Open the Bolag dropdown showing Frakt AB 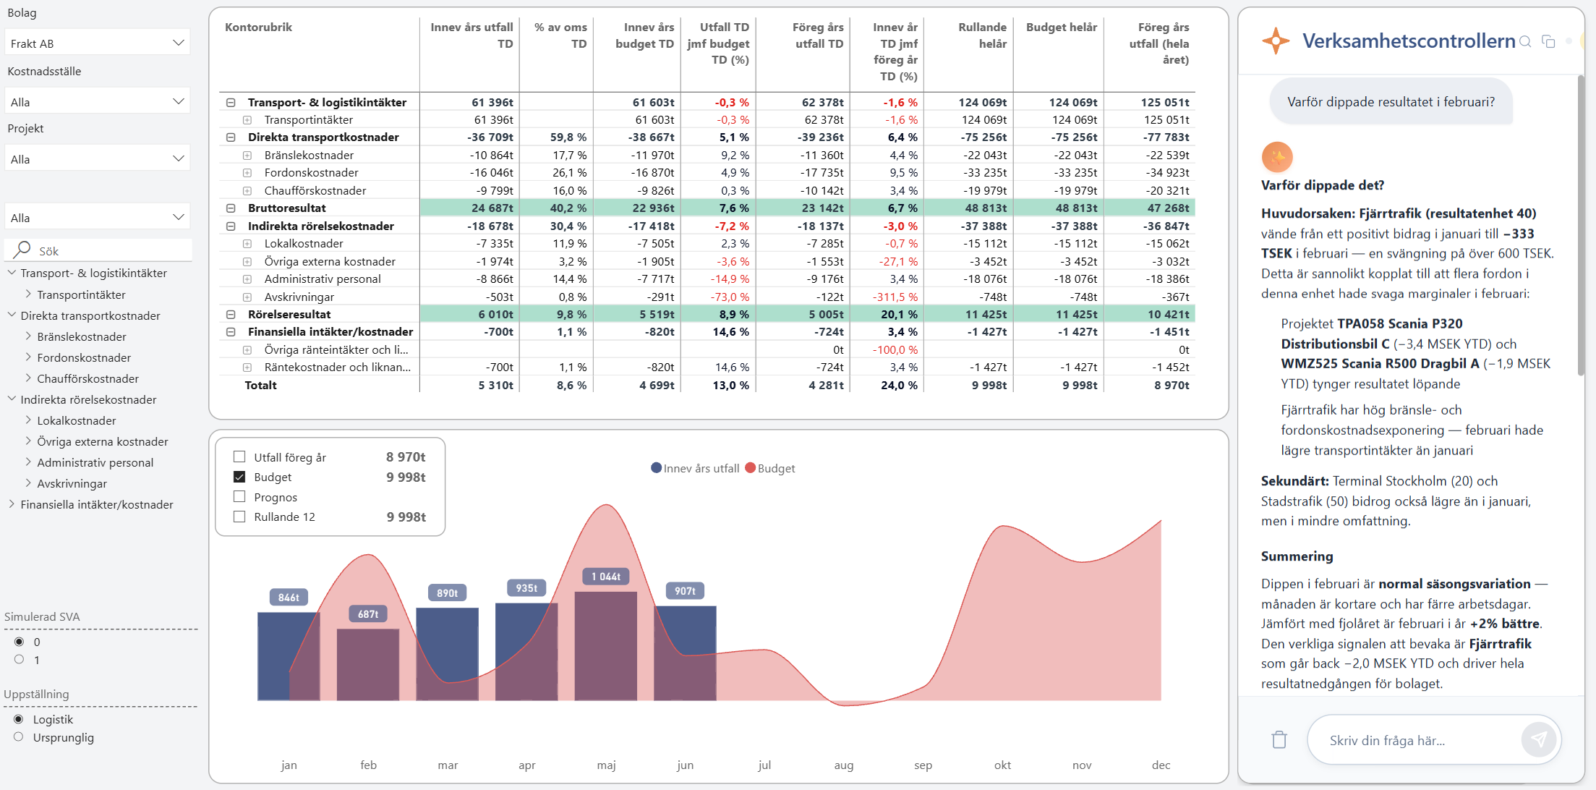[97, 43]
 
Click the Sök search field [98, 250]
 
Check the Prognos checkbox [239, 497]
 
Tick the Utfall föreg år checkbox [239, 457]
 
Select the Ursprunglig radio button [19, 737]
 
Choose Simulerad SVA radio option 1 [19, 660]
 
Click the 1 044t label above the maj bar [606, 577]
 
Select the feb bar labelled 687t [368, 664]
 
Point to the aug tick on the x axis [844, 765]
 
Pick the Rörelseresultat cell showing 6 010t [496, 314]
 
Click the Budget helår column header [1062, 27]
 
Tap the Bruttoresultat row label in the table [287, 208]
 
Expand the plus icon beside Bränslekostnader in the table [247, 156]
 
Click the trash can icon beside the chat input [1279, 739]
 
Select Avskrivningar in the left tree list [72, 483]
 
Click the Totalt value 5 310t [496, 386]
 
